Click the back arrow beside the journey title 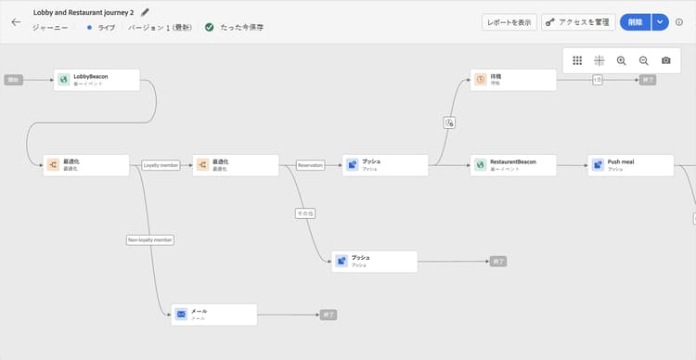tap(15, 21)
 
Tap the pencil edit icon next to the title tap(145, 13)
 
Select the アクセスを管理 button tap(577, 21)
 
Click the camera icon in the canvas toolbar tap(665, 60)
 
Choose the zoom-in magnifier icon tap(621, 60)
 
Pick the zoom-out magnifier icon tap(643, 60)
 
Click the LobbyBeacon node tap(97, 80)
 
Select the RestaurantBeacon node tap(513, 165)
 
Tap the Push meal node tap(630, 165)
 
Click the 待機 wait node tap(513, 80)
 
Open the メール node tap(213, 315)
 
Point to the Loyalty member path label tap(161, 165)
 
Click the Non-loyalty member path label tap(150, 239)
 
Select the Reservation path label tap(310, 165)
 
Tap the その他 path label tap(305, 213)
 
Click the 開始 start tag tap(13, 80)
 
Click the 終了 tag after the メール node tap(329, 315)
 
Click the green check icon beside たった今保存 tap(209, 28)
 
